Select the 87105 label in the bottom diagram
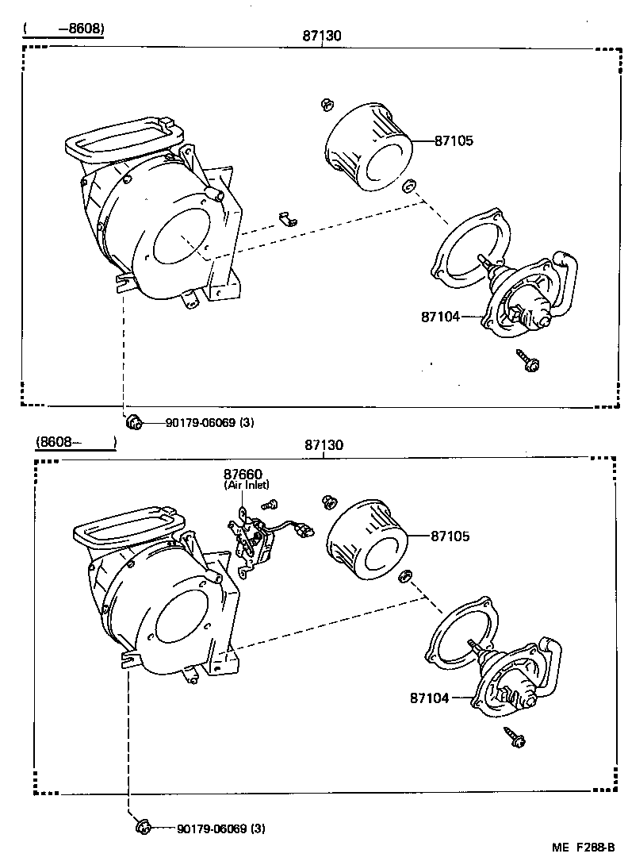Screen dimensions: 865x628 click(450, 536)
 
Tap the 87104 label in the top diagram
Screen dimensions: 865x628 click(440, 316)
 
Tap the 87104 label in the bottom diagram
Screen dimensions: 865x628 click(429, 698)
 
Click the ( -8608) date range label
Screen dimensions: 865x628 click(64, 29)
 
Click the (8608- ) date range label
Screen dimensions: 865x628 click(75, 440)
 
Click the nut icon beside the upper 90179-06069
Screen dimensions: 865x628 click(134, 421)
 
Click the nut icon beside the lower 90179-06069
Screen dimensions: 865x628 click(144, 828)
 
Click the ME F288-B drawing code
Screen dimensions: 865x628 click(583, 848)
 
